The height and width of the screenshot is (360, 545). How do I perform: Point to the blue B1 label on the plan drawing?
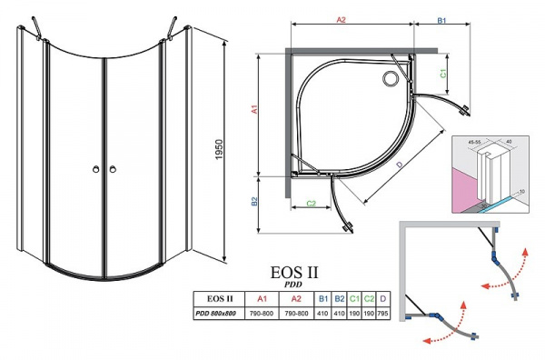[x=441, y=16]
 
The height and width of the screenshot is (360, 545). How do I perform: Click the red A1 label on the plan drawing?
[x=256, y=109]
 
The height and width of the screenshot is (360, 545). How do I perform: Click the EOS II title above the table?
[x=296, y=272]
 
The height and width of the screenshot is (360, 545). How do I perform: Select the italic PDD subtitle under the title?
[x=296, y=285]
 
